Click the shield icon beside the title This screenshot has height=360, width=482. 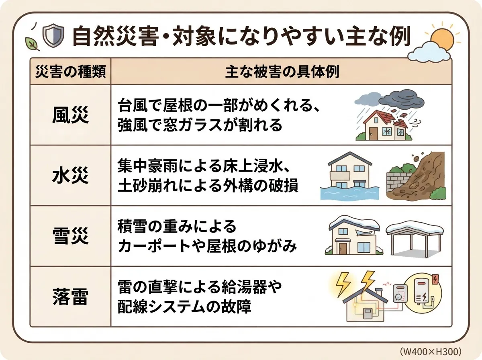pos(53,36)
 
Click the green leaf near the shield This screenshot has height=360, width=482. pos(32,44)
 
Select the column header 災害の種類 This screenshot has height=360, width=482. pos(70,72)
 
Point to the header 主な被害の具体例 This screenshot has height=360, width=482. pos(282,72)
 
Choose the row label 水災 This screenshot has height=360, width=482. pos(70,176)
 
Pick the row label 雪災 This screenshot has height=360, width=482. pos(70,237)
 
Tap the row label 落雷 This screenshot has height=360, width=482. pos(70,297)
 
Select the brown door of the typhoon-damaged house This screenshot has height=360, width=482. pos(372,133)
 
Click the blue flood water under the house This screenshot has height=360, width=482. pos(349,193)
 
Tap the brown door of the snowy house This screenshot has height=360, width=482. pos(342,248)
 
